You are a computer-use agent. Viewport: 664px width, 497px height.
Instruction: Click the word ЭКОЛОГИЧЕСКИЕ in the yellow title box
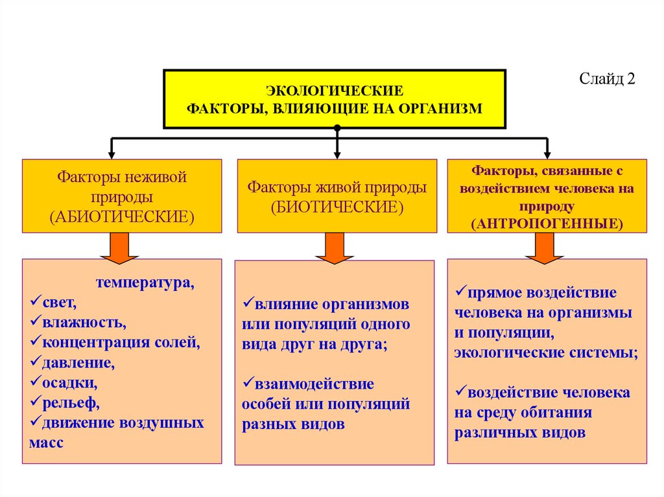click(x=335, y=90)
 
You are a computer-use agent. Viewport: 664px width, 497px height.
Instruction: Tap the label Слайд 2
click(x=608, y=79)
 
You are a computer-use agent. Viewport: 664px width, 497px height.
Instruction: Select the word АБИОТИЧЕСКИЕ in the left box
click(x=122, y=216)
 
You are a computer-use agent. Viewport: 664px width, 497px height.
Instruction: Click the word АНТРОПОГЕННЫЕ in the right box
click(x=547, y=222)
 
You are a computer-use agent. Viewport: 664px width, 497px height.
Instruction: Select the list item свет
click(x=59, y=302)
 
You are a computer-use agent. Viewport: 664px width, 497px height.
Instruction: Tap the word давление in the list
click(x=78, y=363)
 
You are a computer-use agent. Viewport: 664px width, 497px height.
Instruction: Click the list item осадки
click(x=70, y=383)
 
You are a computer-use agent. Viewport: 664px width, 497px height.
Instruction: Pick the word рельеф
click(x=71, y=403)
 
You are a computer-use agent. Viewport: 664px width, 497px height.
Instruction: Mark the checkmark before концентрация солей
click(x=35, y=341)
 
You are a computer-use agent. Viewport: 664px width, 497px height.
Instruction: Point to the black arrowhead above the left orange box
click(x=112, y=155)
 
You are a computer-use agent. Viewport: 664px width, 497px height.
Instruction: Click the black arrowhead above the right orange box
click(x=547, y=155)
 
